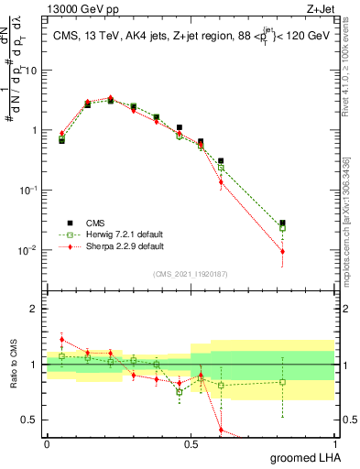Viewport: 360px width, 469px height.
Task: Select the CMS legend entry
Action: coord(93,223)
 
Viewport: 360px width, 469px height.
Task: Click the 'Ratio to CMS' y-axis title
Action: coord(16,364)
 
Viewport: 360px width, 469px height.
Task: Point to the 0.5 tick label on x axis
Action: coord(191,442)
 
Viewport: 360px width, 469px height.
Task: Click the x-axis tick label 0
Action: coord(48,442)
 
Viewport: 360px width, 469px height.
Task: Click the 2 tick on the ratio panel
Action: coord(37,309)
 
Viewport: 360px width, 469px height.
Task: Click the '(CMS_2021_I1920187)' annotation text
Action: coord(191,273)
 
